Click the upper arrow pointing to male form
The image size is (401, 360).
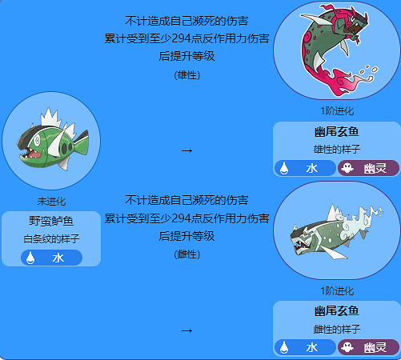tap(186, 150)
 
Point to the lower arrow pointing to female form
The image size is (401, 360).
tap(186, 330)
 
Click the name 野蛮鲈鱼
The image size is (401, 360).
tap(51, 222)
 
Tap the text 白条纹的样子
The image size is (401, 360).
tap(51, 238)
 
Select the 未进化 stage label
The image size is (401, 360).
tap(51, 201)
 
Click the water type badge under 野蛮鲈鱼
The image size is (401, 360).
tap(51, 258)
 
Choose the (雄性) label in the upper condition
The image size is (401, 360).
tap(186, 74)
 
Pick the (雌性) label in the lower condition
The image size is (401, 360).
tap(186, 254)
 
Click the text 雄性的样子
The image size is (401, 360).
tap(336, 148)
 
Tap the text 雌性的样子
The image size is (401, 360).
tap(336, 328)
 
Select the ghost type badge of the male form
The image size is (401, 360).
tap(368, 168)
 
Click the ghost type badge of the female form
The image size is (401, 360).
tap(368, 347)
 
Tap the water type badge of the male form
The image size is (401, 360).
tap(303, 168)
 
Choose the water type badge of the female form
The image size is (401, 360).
tap(303, 347)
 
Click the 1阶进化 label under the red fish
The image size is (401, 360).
tap(336, 111)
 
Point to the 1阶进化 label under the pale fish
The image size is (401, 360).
tap(336, 290)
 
